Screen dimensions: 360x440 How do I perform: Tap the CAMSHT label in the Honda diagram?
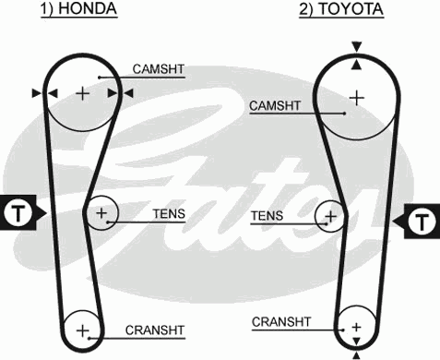click(158, 68)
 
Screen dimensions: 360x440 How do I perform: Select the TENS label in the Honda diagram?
click(169, 214)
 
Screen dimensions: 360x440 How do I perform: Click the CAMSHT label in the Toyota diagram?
click(275, 107)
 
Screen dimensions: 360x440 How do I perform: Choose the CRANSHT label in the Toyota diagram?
click(279, 321)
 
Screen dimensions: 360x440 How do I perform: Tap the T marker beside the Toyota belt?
click(420, 222)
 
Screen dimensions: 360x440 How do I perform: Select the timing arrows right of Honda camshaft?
click(120, 92)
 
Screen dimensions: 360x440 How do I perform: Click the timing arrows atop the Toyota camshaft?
click(356, 52)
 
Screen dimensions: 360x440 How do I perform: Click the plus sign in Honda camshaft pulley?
click(82, 92)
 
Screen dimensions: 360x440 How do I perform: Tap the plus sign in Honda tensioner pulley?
click(101, 215)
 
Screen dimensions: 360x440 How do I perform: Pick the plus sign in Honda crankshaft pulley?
click(82, 330)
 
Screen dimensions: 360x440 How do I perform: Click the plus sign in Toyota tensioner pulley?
click(330, 218)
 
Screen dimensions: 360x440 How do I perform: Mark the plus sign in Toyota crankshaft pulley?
click(355, 325)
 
